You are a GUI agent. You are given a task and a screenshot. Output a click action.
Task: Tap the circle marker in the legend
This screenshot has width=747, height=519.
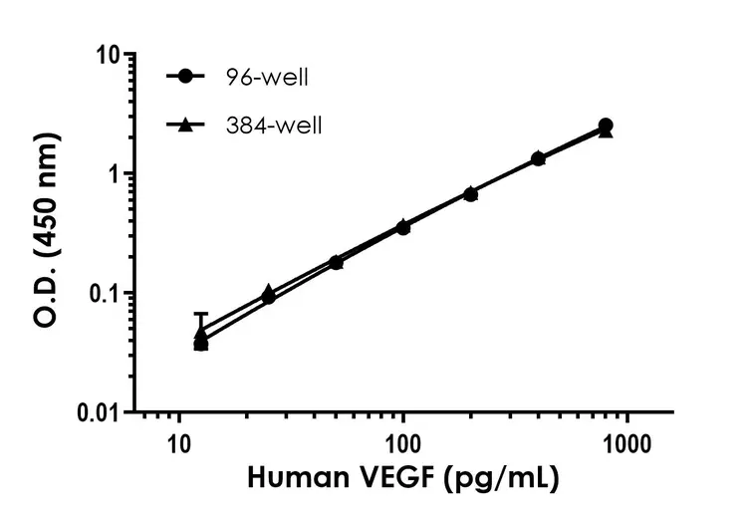[x=185, y=76]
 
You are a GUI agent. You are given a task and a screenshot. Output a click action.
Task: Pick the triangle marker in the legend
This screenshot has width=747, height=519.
[x=185, y=125]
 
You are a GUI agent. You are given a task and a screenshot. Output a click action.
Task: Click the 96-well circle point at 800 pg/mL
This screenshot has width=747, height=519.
[x=606, y=126]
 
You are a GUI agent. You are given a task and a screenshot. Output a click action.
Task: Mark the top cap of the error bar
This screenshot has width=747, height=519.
[x=201, y=314]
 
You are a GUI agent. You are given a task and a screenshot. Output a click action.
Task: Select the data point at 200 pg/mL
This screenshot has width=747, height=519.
[x=470, y=193]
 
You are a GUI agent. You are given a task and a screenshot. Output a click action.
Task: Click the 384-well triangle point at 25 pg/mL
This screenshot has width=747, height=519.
[x=268, y=291]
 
